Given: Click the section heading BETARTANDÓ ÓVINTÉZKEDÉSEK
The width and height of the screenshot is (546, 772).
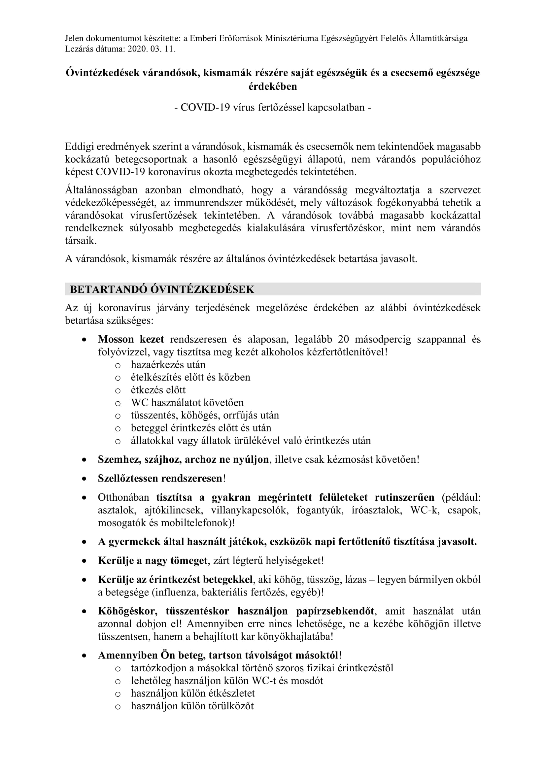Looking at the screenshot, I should (162, 289).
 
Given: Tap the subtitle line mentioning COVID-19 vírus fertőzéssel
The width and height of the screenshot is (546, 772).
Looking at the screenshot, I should (273, 108).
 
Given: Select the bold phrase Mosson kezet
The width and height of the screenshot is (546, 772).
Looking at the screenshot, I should (131, 339).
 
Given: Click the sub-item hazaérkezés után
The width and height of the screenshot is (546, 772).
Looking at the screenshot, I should (168, 365).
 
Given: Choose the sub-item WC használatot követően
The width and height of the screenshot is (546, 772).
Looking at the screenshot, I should (187, 402).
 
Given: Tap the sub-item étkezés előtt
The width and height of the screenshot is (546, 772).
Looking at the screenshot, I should (158, 390).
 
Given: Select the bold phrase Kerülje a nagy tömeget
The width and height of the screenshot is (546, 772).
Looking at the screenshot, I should (153, 560).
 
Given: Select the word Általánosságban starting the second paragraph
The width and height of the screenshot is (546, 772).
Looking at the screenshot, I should (101, 190).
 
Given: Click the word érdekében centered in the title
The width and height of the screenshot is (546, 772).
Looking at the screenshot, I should (273, 87).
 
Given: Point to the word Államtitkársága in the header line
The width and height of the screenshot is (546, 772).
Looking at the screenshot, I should (438, 38).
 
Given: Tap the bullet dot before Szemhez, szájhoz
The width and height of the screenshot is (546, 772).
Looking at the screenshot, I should (84, 460).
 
